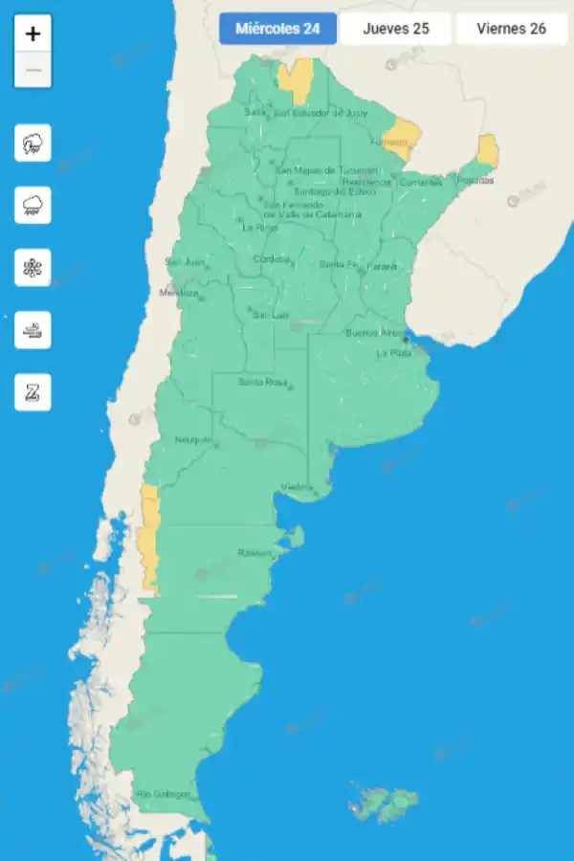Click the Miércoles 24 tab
coord(277,29)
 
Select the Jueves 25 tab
coord(395,29)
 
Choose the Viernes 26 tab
coord(511,29)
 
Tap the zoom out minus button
coord(33,70)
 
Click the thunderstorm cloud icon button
coord(33,143)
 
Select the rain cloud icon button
coord(33,206)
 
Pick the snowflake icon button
coord(33,268)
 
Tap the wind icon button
coord(33,330)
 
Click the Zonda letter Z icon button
coord(33,392)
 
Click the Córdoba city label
coord(271,259)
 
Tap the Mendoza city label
coord(178,293)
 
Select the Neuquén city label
coord(192,440)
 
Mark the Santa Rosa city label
coord(262,382)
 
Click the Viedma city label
coord(297,488)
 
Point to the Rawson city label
coord(254,553)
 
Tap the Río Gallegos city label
coord(163,794)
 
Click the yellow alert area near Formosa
coord(404,134)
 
